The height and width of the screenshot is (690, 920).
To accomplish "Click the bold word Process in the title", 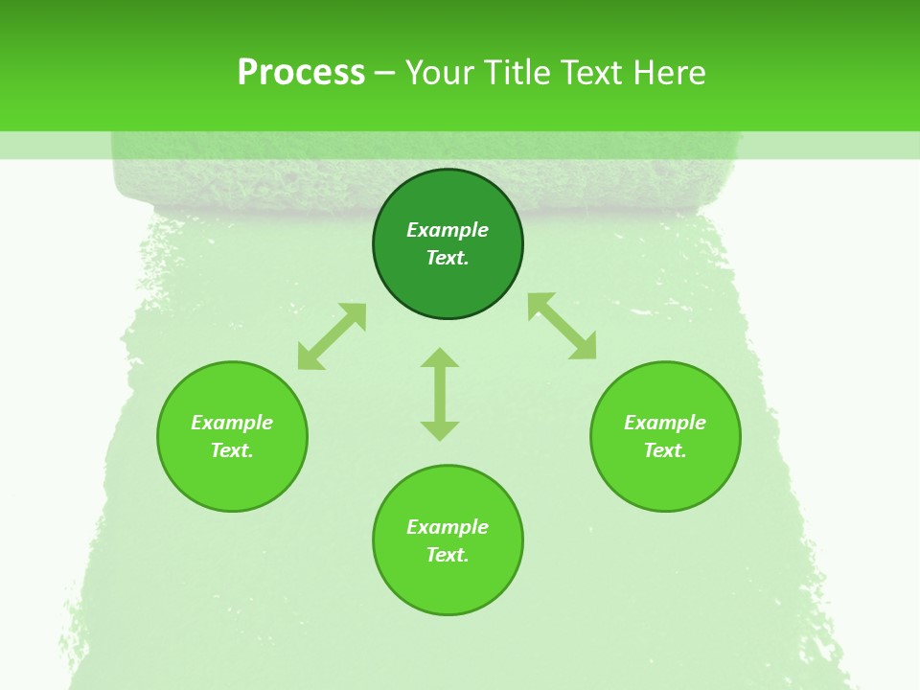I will tap(301, 73).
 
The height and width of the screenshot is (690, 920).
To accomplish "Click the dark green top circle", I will tap(448, 287).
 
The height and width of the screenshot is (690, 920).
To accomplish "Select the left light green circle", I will tap(232, 479).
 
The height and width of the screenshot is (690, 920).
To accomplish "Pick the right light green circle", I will tap(665, 479).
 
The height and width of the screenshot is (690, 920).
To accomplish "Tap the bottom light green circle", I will tap(448, 585).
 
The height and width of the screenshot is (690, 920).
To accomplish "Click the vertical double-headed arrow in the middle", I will tap(440, 394).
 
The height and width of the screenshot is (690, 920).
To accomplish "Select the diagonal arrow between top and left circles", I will tap(332, 336).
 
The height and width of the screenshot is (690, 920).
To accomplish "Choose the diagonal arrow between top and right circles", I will tap(563, 326).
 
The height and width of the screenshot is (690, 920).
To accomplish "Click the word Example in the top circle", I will tap(448, 230).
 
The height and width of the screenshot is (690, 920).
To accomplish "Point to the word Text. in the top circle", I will tap(448, 258).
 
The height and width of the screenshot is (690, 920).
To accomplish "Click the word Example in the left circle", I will tap(232, 423).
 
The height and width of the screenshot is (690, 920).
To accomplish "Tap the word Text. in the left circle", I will tap(232, 450).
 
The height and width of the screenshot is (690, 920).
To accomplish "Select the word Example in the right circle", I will tap(665, 423).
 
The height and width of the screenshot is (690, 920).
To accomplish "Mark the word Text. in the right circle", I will tap(665, 450).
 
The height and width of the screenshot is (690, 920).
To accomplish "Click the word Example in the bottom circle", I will tap(448, 527).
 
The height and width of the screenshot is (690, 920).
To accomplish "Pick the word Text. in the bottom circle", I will tap(448, 555).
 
